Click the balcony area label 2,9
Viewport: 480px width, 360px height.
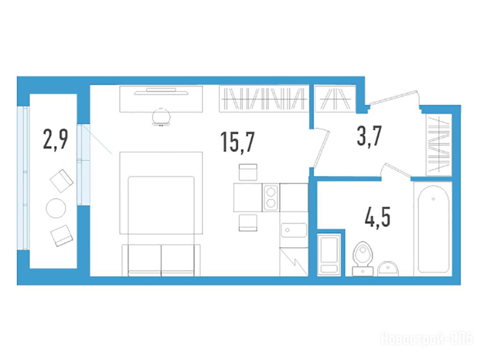(55, 139)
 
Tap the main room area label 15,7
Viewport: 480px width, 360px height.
(237, 142)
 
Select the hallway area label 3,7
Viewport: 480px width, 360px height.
(369, 136)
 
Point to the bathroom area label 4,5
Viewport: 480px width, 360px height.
(378, 217)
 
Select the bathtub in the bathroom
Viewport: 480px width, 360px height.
(433, 229)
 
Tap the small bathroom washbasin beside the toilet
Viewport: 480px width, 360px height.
(388, 269)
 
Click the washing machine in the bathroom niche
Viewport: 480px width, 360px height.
(329, 255)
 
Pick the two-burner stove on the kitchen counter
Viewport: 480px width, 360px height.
(270, 197)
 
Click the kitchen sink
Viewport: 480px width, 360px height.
(294, 230)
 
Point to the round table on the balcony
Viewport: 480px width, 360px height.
(56, 208)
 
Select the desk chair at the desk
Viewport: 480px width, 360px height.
(161, 117)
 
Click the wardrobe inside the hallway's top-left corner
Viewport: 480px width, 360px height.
(335, 98)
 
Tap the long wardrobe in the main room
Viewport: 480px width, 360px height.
(263, 98)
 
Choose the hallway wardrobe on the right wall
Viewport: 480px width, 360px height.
(439, 145)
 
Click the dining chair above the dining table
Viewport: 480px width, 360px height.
(248, 172)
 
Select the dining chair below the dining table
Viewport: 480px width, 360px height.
(248, 223)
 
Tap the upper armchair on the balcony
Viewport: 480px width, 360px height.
(61, 181)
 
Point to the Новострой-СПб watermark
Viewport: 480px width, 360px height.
(427, 339)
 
